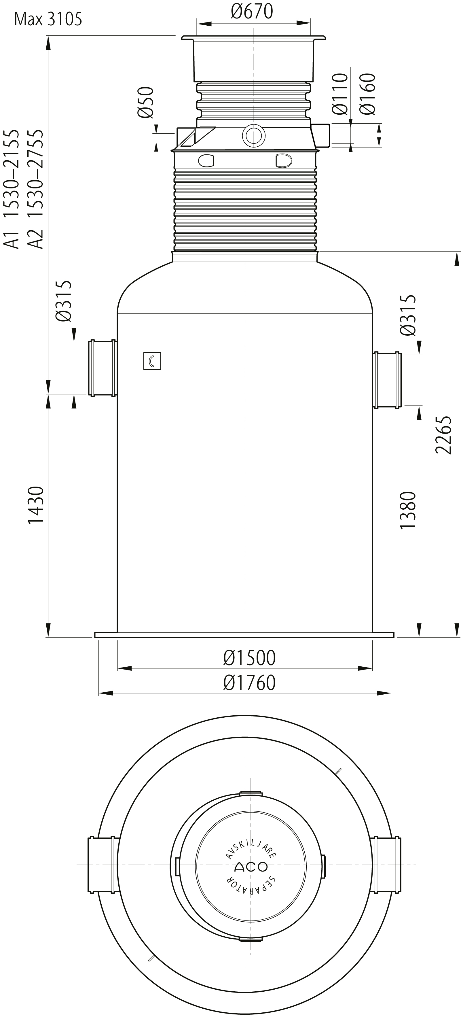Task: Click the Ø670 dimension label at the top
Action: [x=252, y=12]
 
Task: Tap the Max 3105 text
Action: [x=48, y=19]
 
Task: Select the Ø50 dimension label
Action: [x=145, y=102]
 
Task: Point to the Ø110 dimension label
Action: [x=339, y=94]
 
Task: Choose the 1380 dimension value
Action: [x=408, y=510]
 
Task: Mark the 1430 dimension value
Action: [x=36, y=506]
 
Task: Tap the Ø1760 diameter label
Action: [x=249, y=683]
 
